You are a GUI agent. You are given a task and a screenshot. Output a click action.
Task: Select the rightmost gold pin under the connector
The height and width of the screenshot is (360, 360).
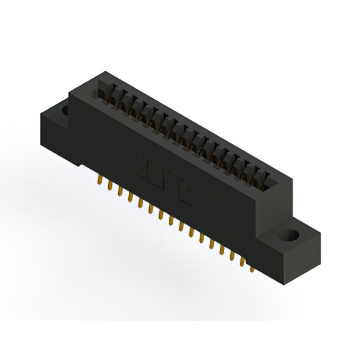tap(253, 269)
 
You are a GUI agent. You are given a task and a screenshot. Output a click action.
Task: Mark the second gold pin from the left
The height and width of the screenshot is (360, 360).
tap(110, 187)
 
